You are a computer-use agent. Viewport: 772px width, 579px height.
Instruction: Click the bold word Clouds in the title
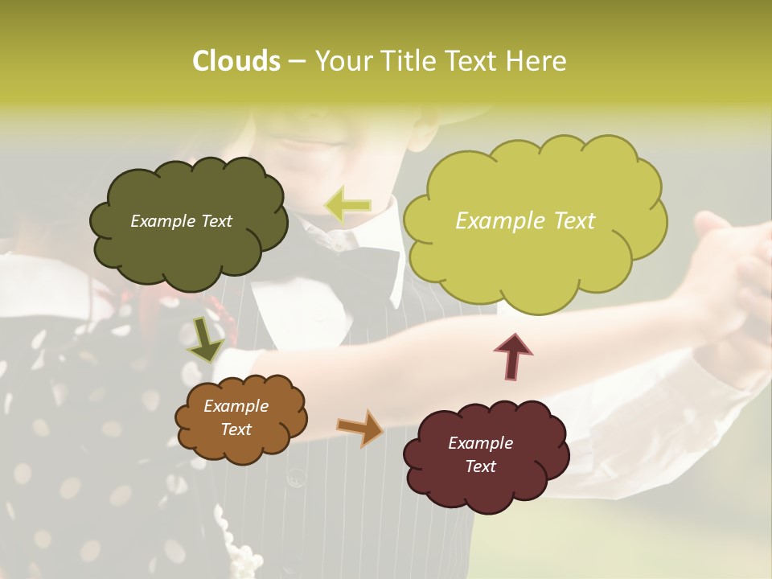pos(236,61)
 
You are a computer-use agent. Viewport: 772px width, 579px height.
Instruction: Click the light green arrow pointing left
pos(347,205)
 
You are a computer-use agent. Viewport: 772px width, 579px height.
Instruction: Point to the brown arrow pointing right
pos(360,428)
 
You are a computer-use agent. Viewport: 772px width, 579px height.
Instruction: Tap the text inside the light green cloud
pos(525,221)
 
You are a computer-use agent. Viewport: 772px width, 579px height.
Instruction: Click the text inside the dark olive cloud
pos(181,221)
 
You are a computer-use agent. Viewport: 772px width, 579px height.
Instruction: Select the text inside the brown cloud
pos(236,417)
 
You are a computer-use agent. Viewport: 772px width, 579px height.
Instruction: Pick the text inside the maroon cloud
pos(481,454)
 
